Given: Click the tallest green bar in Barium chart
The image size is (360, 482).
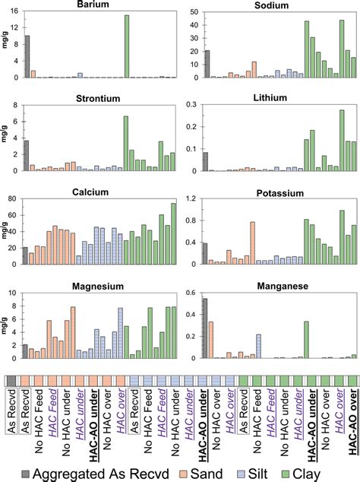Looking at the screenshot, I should [126, 46].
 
